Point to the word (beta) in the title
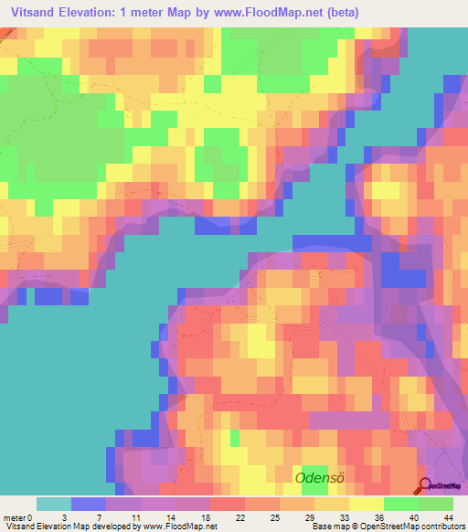(335, 13)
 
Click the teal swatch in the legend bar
(54, 504)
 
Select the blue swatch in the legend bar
(89, 504)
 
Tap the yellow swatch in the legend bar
(367, 504)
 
